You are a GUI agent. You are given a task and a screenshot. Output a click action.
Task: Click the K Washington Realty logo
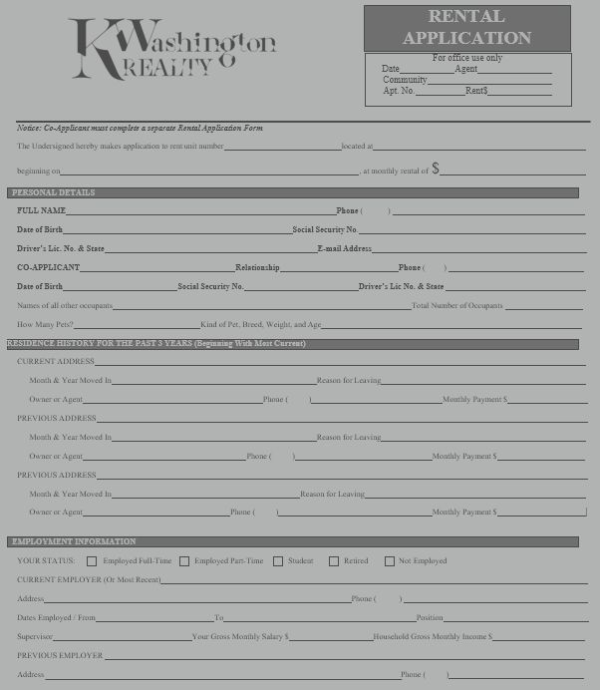169,48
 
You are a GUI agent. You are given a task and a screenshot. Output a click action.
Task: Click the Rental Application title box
466,28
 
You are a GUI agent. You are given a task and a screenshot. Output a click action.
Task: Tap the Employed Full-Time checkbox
93,561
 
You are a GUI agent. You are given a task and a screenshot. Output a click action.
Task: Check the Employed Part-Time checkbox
184,561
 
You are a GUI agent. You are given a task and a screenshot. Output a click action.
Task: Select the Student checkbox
278,561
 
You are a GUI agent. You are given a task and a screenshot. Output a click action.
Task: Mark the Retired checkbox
334,561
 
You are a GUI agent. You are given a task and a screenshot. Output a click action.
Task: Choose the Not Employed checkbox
390,561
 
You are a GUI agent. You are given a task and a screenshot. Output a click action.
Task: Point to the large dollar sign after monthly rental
436,169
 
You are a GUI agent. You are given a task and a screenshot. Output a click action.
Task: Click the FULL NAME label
41,210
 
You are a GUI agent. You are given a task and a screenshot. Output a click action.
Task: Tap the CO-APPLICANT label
48,267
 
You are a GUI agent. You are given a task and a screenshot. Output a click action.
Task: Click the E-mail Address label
344,248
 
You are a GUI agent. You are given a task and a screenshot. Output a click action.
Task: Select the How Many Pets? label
45,324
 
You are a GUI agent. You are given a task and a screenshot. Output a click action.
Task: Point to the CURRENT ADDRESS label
56,361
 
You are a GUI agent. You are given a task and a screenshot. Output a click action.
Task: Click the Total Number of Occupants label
456,305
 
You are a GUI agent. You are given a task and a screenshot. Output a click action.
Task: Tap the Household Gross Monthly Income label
431,636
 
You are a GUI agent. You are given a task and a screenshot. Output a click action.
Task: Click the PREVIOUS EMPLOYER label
60,655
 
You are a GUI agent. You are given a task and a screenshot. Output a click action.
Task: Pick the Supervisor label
35,636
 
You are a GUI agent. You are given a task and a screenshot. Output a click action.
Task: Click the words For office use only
467,58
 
